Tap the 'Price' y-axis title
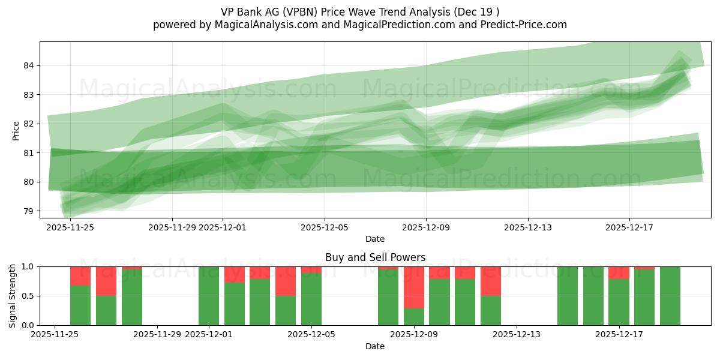[x=16, y=130]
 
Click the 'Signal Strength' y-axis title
[x=13, y=296]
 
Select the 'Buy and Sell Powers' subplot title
[x=375, y=257]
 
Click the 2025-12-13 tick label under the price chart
[x=528, y=227]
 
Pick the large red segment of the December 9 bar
[x=414, y=287]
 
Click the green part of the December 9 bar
[x=414, y=317]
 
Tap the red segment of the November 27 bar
[x=106, y=281]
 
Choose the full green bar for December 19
[x=670, y=296]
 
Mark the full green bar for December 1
[x=209, y=296]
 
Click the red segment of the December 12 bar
[x=491, y=281]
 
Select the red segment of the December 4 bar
[x=286, y=281]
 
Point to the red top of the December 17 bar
[x=619, y=272]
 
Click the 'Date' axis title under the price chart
[x=375, y=239]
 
